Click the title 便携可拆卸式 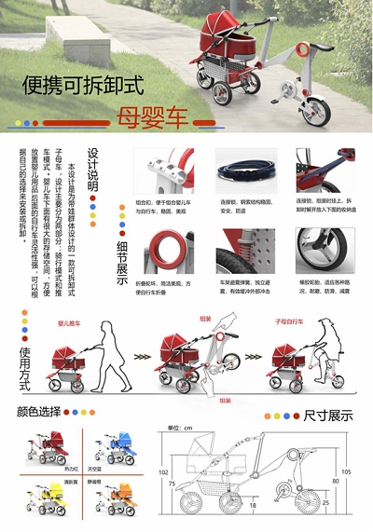coord(84,87)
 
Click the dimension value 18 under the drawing coord(254,506)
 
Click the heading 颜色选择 coord(43,411)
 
